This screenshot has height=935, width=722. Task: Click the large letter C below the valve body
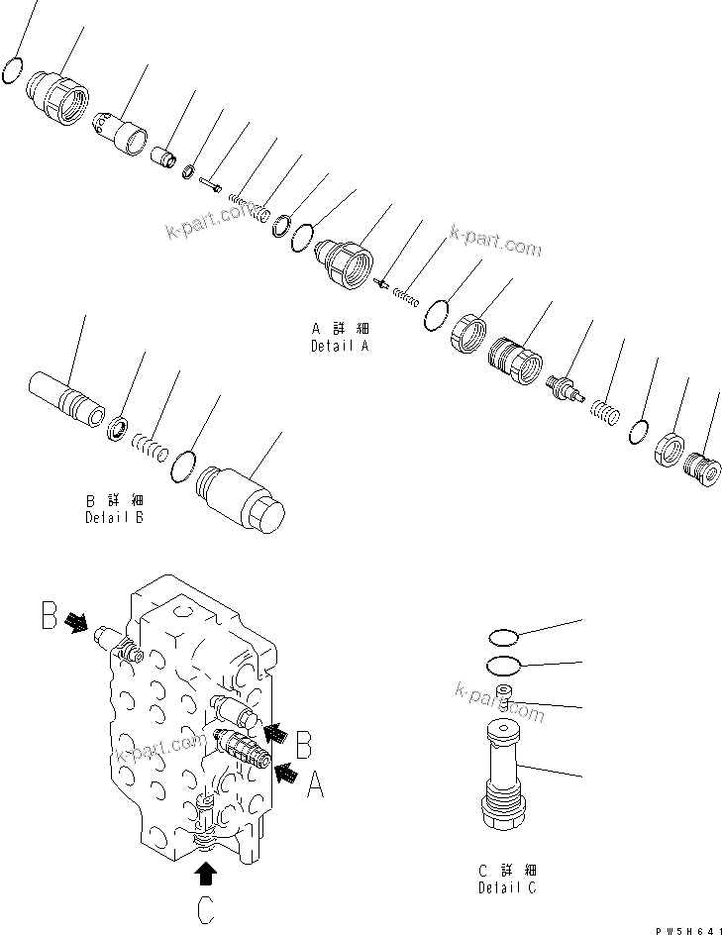coord(205,908)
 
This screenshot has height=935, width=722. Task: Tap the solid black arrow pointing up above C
coord(206,871)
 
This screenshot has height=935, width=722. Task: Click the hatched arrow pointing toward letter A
coord(286,773)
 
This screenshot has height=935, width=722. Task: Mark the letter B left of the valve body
coord(49,617)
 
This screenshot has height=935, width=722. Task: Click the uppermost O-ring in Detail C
coord(505,638)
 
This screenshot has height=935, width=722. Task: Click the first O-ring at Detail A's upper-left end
coord(12,71)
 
